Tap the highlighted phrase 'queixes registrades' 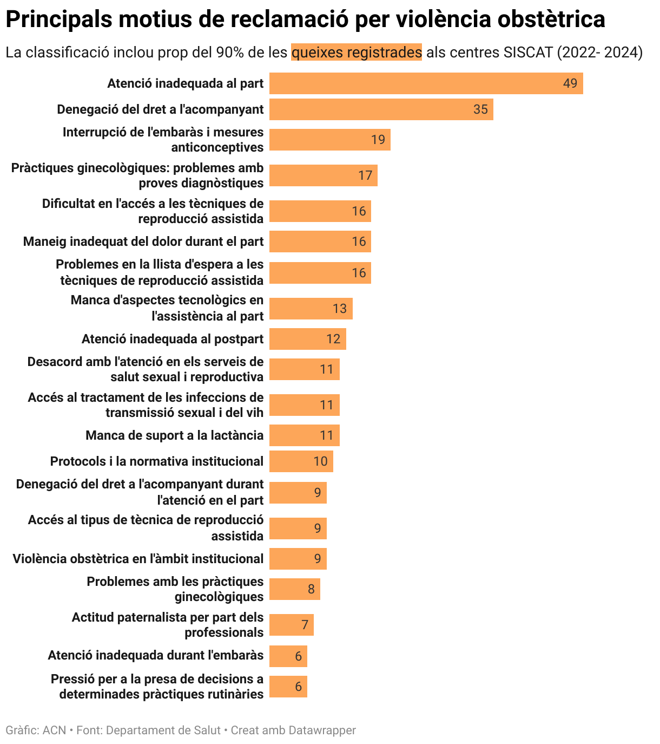point(356,52)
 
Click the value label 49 point(570,83)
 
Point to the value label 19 point(378,140)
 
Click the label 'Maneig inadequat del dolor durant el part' point(143,242)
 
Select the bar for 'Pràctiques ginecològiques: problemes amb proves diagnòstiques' point(323,175)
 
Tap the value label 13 point(339,309)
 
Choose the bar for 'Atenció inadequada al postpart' point(307,339)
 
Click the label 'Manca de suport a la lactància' point(174,435)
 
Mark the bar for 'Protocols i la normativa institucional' point(301,461)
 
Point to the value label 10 point(320,461)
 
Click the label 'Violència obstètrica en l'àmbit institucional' point(138,559)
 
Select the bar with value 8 point(294,589)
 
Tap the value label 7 point(305,625)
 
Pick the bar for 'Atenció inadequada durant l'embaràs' point(288,656)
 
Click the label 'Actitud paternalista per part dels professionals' point(168,625)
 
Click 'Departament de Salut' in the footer point(163,730)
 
